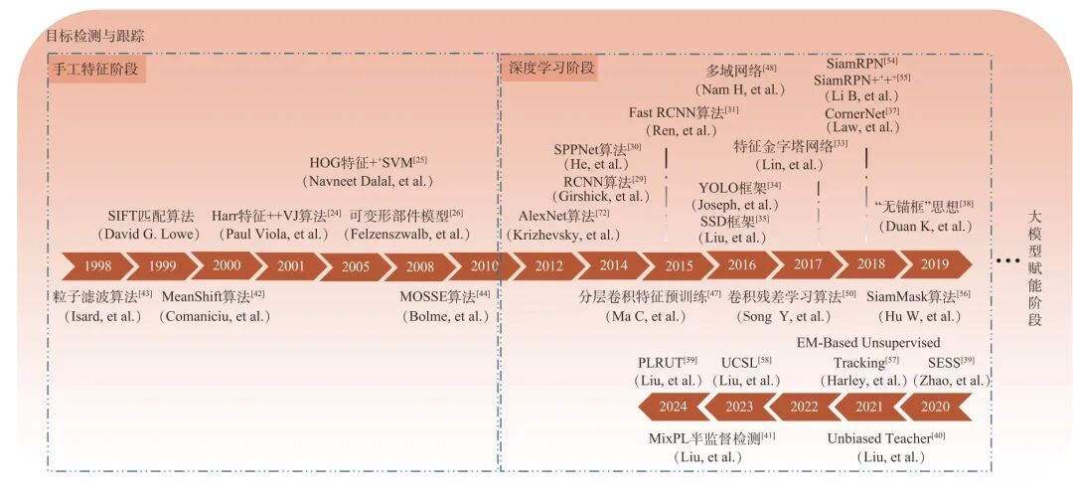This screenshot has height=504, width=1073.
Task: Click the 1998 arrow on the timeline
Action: pyautogui.click(x=96, y=265)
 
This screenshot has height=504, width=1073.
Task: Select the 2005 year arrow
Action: pyautogui.click(x=355, y=265)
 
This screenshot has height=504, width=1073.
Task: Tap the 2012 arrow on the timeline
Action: pyautogui.click(x=547, y=265)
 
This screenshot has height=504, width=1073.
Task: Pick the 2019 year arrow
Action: pyautogui.click(x=935, y=265)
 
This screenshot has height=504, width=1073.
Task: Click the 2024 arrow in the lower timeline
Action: pyautogui.click(x=673, y=407)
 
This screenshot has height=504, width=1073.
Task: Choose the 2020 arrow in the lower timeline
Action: pyautogui.click(x=935, y=407)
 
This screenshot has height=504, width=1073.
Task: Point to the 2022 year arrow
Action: pyautogui.click(x=804, y=407)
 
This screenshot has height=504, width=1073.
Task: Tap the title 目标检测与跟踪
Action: pyautogui.click(x=94, y=36)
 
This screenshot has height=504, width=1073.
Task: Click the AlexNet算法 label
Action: pyautogui.click(x=557, y=216)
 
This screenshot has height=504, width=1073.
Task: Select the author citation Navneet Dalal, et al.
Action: pyautogui.click(x=368, y=181)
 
